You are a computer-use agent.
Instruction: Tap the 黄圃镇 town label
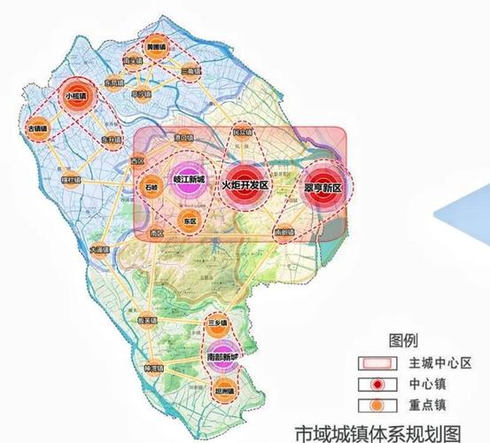pos(155,49)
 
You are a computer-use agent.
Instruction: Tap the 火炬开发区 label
pos(245,184)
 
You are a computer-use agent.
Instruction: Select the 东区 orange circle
pos(189,221)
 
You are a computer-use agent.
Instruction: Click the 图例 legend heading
pos(403,340)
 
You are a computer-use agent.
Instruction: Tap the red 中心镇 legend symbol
pos(377,384)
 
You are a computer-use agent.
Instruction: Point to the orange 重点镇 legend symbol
pos(377,405)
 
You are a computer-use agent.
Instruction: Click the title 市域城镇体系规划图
pos(378,433)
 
